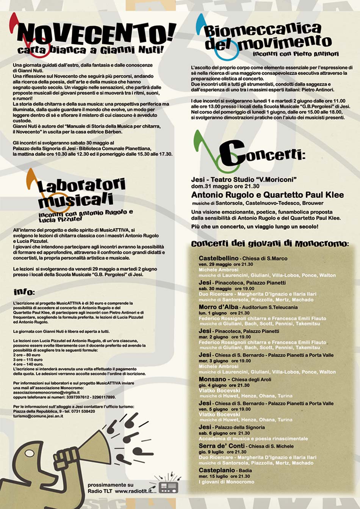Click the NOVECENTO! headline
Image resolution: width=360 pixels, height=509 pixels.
point(97,34)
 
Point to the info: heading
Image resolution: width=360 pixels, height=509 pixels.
point(24,292)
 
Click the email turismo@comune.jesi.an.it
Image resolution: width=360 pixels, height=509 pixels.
point(38,416)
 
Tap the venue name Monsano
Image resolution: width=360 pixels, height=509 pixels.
point(212,379)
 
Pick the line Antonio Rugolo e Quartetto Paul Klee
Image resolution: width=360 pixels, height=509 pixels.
point(267,195)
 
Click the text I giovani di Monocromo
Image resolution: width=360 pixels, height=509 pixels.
point(226,482)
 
